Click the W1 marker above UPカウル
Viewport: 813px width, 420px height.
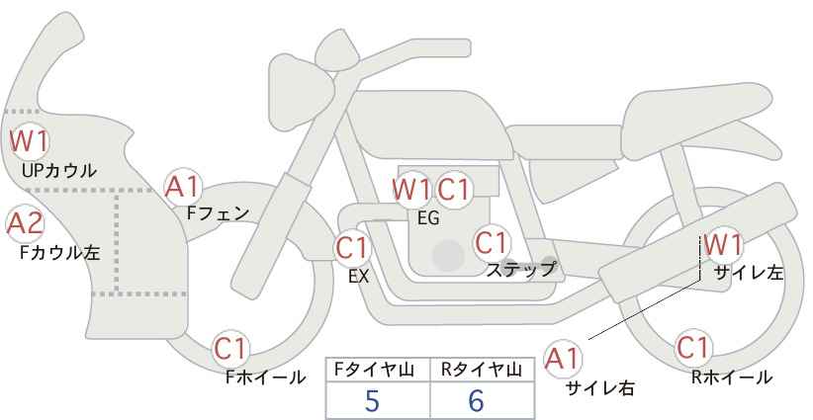point(30,141)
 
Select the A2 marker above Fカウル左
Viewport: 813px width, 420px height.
point(25,224)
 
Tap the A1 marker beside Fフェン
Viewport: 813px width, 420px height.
point(183,188)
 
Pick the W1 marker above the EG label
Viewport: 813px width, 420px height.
point(411,190)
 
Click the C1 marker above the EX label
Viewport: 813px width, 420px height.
point(352,248)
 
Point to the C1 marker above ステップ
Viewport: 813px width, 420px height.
point(492,243)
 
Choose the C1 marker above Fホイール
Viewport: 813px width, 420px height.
point(230,349)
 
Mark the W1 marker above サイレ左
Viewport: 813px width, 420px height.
point(723,245)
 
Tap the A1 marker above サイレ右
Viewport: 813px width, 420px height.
point(563,359)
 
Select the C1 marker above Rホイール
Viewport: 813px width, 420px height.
point(692,348)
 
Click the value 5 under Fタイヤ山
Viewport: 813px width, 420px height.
point(372,401)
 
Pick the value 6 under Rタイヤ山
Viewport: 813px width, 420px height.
point(476,401)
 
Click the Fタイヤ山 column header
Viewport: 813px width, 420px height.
point(374,370)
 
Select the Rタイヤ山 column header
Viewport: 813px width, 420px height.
point(482,370)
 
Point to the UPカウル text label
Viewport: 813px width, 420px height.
point(58,170)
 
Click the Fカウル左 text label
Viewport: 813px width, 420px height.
point(60,252)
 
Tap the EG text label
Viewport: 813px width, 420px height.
point(428,218)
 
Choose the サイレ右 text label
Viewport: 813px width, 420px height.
point(600,388)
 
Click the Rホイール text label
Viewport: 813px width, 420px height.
point(732,378)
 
